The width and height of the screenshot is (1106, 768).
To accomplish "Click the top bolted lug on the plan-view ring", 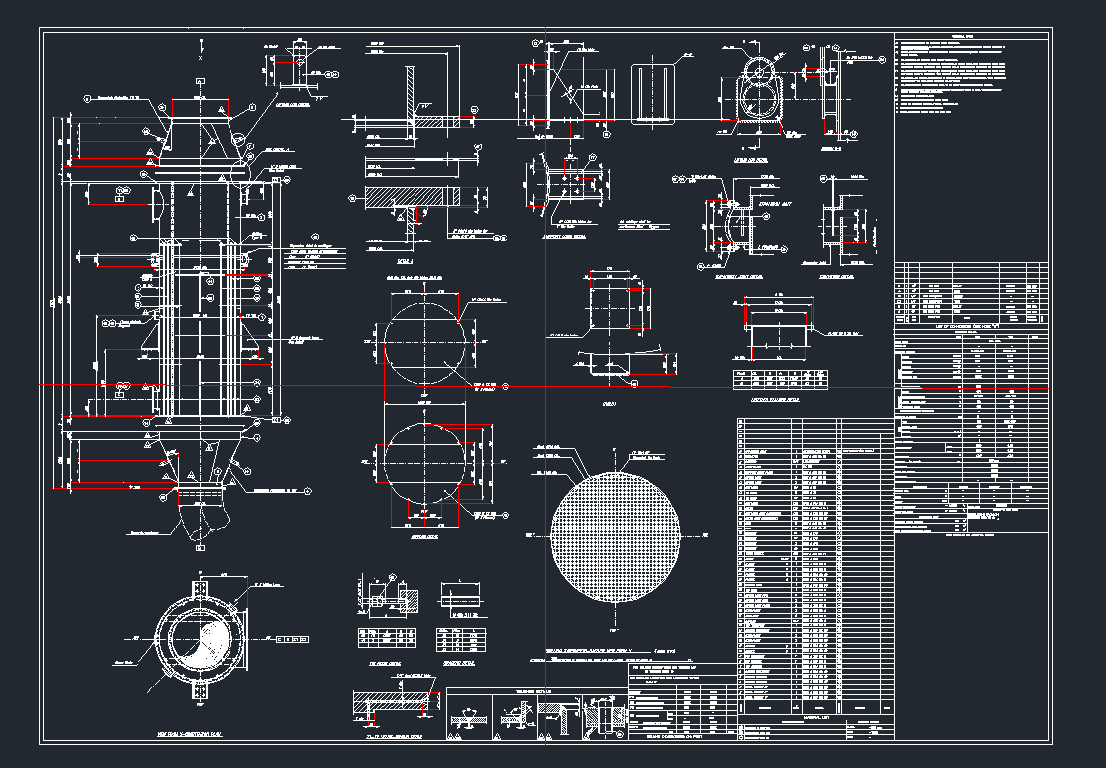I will pyautogui.click(x=201, y=589).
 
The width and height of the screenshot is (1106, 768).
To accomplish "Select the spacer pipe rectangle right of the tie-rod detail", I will pyautogui.click(x=461, y=600).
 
